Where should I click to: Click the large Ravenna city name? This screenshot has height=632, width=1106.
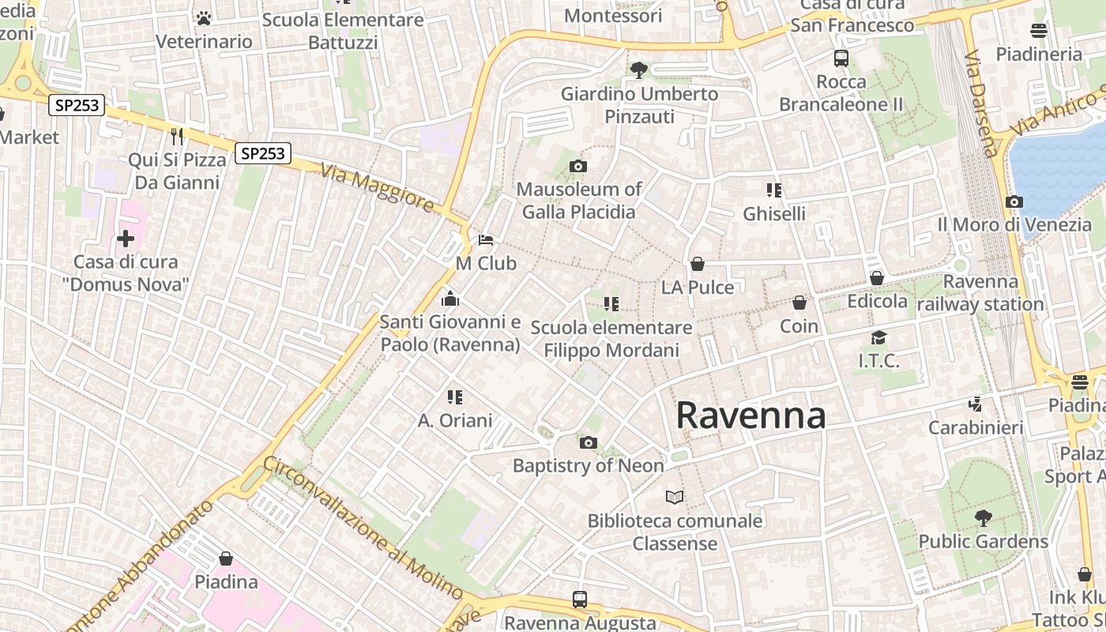pyautogui.click(x=750, y=416)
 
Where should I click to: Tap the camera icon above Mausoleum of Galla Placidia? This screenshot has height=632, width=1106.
pyautogui.click(x=578, y=166)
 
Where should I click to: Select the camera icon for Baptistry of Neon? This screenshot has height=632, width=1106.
pyautogui.click(x=588, y=442)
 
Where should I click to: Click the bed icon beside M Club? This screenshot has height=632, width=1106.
pyautogui.click(x=486, y=239)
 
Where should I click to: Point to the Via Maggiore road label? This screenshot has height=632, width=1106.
pyautogui.click(x=378, y=187)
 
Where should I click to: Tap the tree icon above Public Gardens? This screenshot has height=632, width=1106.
pyautogui.click(x=983, y=518)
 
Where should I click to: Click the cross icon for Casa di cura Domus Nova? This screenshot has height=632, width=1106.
pyautogui.click(x=125, y=238)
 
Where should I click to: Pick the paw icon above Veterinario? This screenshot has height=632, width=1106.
pyautogui.click(x=204, y=17)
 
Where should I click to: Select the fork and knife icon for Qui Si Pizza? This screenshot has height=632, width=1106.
pyautogui.click(x=177, y=137)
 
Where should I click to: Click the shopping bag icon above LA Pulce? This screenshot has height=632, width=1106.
pyautogui.click(x=697, y=264)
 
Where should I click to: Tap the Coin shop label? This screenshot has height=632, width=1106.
pyautogui.click(x=799, y=325)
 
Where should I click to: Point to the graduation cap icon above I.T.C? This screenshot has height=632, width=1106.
pyautogui.click(x=878, y=338)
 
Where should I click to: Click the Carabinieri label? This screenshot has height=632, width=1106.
pyautogui.click(x=976, y=427)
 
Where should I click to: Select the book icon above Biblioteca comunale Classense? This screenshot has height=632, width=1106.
pyautogui.click(x=674, y=497)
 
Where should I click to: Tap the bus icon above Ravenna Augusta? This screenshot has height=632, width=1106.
pyautogui.click(x=579, y=599)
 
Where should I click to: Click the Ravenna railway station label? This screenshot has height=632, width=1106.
pyautogui.click(x=980, y=293)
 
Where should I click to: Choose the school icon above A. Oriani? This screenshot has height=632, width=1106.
pyautogui.click(x=454, y=397)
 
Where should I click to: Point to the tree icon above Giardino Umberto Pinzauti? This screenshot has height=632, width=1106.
pyautogui.click(x=638, y=70)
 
